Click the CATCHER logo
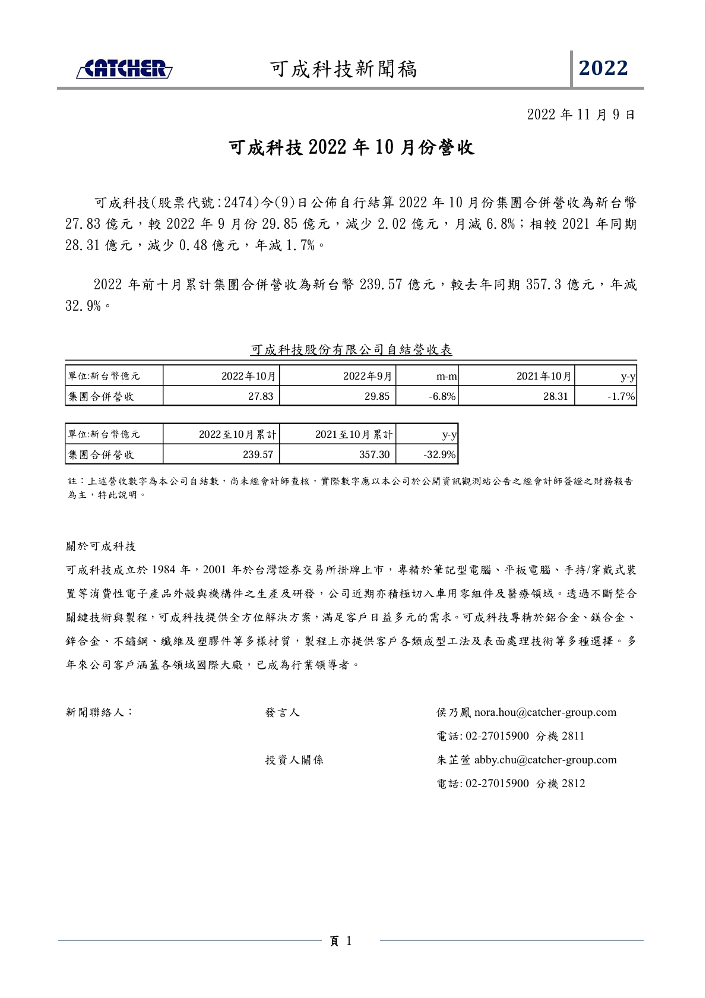click(x=124, y=69)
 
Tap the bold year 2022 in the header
click(x=603, y=68)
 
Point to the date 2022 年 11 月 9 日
click(x=581, y=115)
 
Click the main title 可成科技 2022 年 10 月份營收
click(x=352, y=147)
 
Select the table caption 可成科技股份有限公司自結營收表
click(x=351, y=350)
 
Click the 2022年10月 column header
click(x=248, y=376)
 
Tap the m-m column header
click(x=447, y=376)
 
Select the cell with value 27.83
click(x=261, y=396)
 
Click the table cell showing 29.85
click(x=377, y=396)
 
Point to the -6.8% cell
click(x=442, y=396)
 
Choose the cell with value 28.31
click(x=556, y=396)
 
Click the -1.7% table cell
click(x=621, y=396)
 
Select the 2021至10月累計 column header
click(x=354, y=434)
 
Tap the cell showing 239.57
click(x=258, y=454)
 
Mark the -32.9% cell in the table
click(x=439, y=454)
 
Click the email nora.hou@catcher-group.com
click(x=545, y=712)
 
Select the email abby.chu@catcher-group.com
click(x=545, y=760)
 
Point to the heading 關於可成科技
click(x=101, y=546)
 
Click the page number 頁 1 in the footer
click(x=341, y=941)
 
